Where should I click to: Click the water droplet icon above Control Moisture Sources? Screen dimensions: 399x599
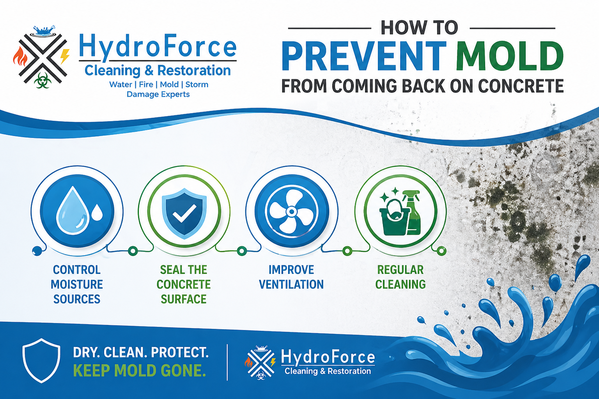coord(73,210)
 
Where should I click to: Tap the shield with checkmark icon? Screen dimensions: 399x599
coord(184,212)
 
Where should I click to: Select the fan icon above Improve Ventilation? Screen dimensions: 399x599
coord(291,212)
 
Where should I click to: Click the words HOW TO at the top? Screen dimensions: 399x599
coord(419,28)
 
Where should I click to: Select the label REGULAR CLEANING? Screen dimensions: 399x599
coord(401,277)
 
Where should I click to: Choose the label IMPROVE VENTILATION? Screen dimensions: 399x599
coord(291,277)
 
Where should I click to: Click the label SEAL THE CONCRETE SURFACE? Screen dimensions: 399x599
coord(184,284)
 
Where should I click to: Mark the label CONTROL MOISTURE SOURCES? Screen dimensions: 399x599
coord(77,284)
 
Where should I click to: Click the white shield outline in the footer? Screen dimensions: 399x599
coord(41,360)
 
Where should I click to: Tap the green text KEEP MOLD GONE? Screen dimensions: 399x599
coord(139,371)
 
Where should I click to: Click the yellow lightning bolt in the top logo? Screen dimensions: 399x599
coord(65,56)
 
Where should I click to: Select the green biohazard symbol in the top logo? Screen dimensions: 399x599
coord(42,81)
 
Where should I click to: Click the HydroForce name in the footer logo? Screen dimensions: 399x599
coord(328,357)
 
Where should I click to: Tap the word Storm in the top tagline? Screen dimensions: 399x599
coord(197,85)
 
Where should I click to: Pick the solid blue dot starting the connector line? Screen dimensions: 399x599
coord(37,251)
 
